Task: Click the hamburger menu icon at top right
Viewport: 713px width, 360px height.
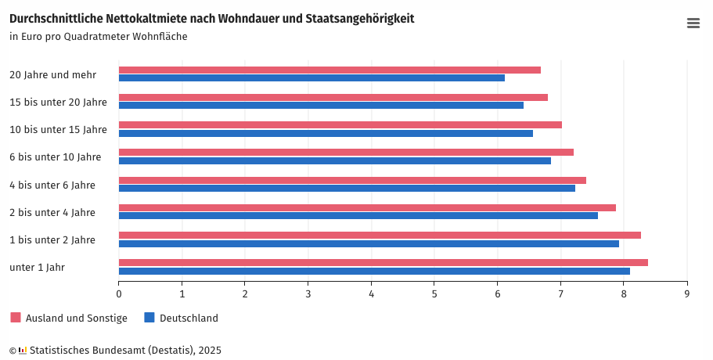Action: coord(693,23)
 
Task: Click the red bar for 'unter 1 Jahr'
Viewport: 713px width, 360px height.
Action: coord(383,262)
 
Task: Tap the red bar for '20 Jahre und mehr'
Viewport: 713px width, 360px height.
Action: coord(329,70)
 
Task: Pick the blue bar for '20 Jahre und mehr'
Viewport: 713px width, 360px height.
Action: coord(311,78)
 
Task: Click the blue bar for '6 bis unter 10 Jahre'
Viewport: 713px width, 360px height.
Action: coord(334,161)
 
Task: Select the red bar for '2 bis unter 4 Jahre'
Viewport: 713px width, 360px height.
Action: coord(367,207)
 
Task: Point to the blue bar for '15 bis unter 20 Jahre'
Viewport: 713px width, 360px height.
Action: coord(321,106)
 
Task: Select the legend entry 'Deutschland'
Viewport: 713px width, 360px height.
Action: coord(189,319)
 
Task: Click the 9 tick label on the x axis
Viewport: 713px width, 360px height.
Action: coord(687,294)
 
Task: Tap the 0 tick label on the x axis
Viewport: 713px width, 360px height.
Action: coord(119,294)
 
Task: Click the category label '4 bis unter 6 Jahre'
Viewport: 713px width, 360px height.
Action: coord(52,185)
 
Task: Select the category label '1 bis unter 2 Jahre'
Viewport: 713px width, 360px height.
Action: coord(52,240)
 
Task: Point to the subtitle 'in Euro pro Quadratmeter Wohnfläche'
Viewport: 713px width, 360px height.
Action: coord(99,37)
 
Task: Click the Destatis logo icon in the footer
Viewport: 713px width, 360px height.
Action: coord(23,351)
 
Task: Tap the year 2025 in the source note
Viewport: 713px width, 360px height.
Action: coord(210,351)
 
